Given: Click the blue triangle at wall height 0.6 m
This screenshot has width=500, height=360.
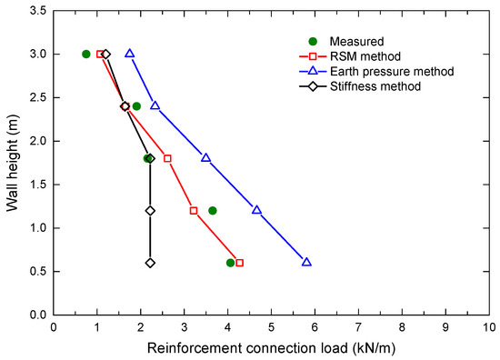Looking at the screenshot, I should click(x=306, y=262).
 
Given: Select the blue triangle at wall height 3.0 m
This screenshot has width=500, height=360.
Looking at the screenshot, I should click(x=130, y=54).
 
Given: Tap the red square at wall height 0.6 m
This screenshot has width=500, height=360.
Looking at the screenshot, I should click(x=240, y=263).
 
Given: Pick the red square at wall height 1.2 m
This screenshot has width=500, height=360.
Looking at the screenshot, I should click(x=194, y=210).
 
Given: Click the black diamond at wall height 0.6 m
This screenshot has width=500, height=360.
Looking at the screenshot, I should click(x=150, y=263).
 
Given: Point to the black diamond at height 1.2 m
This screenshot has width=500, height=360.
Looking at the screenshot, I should click(x=150, y=210).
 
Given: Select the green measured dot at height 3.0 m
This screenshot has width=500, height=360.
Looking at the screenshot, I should click(x=86, y=54).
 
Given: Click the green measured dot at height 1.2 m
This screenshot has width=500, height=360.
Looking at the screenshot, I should click(x=213, y=210).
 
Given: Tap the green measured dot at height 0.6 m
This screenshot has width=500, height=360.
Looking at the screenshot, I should click(x=231, y=263).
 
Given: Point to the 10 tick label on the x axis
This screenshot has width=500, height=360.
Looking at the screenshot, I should click(x=488, y=325).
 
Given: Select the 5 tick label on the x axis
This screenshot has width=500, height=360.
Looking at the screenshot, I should click(x=271, y=325).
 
